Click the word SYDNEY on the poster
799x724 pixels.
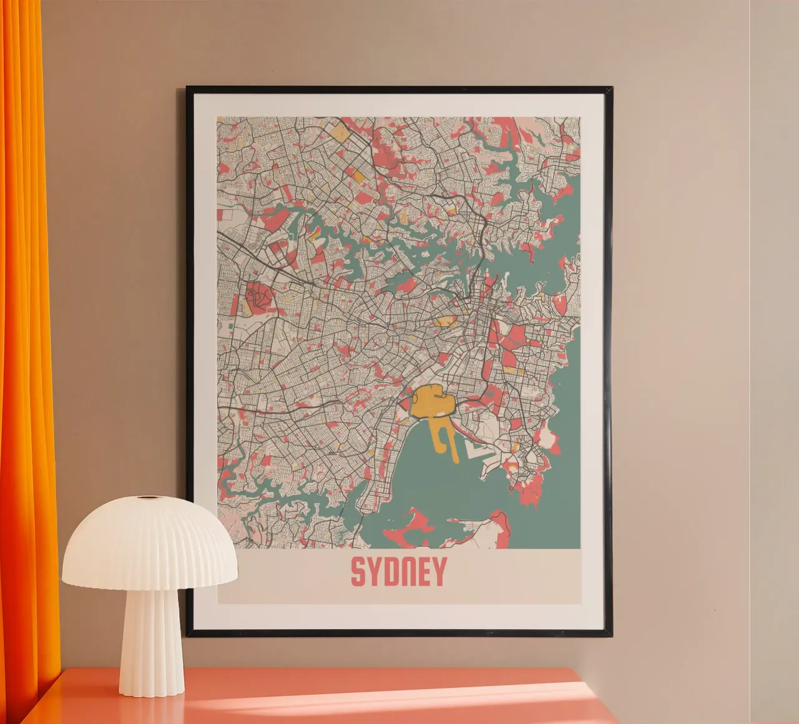(x=398, y=571)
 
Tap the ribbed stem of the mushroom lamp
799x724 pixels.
(x=150, y=637)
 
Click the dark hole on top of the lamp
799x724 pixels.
(x=148, y=498)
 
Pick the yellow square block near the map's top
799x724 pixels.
(x=340, y=132)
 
